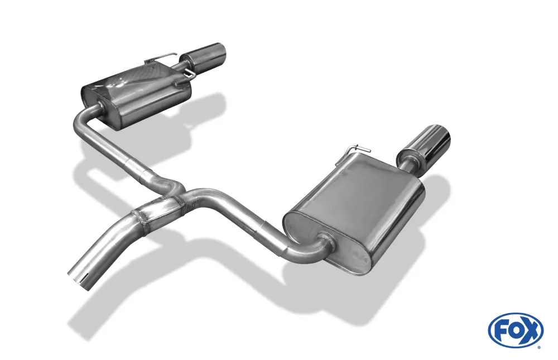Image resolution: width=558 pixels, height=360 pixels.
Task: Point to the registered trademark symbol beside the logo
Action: point(538,347)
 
